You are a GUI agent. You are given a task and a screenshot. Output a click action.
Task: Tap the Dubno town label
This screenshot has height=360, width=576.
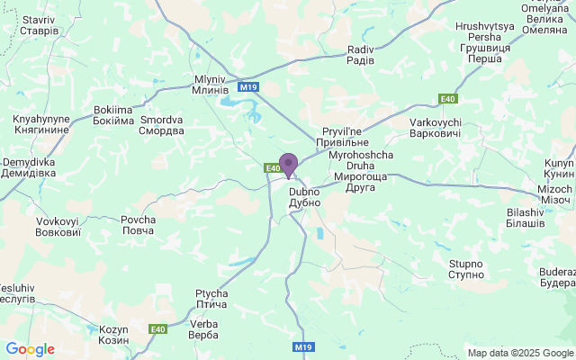point(304,197)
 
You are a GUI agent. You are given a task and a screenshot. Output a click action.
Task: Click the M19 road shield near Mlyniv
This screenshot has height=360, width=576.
point(248,87)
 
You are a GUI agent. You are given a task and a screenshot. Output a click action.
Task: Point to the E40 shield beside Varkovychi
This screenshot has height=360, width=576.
point(447,99)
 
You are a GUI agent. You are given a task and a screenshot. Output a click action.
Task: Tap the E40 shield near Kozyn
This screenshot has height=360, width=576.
point(157,328)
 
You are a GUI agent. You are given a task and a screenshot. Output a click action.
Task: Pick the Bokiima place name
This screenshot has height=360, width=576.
point(112,115)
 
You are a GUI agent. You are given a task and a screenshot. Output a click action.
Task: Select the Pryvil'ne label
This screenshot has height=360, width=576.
point(342,137)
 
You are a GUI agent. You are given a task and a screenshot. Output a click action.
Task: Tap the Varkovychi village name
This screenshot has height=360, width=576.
point(436,127)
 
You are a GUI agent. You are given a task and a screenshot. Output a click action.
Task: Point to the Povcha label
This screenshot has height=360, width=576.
point(138,225)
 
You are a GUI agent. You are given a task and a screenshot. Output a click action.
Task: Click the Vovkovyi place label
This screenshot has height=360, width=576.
point(58,226)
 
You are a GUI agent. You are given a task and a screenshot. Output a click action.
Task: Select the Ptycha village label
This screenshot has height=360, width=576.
point(211,299)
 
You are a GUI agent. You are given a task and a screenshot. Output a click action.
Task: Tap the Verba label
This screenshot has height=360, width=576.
point(204,329)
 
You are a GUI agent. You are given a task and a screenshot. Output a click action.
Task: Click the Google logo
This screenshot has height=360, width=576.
point(30,349)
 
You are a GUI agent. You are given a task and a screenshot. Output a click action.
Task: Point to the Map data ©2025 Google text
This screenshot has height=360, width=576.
point(519,353)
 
